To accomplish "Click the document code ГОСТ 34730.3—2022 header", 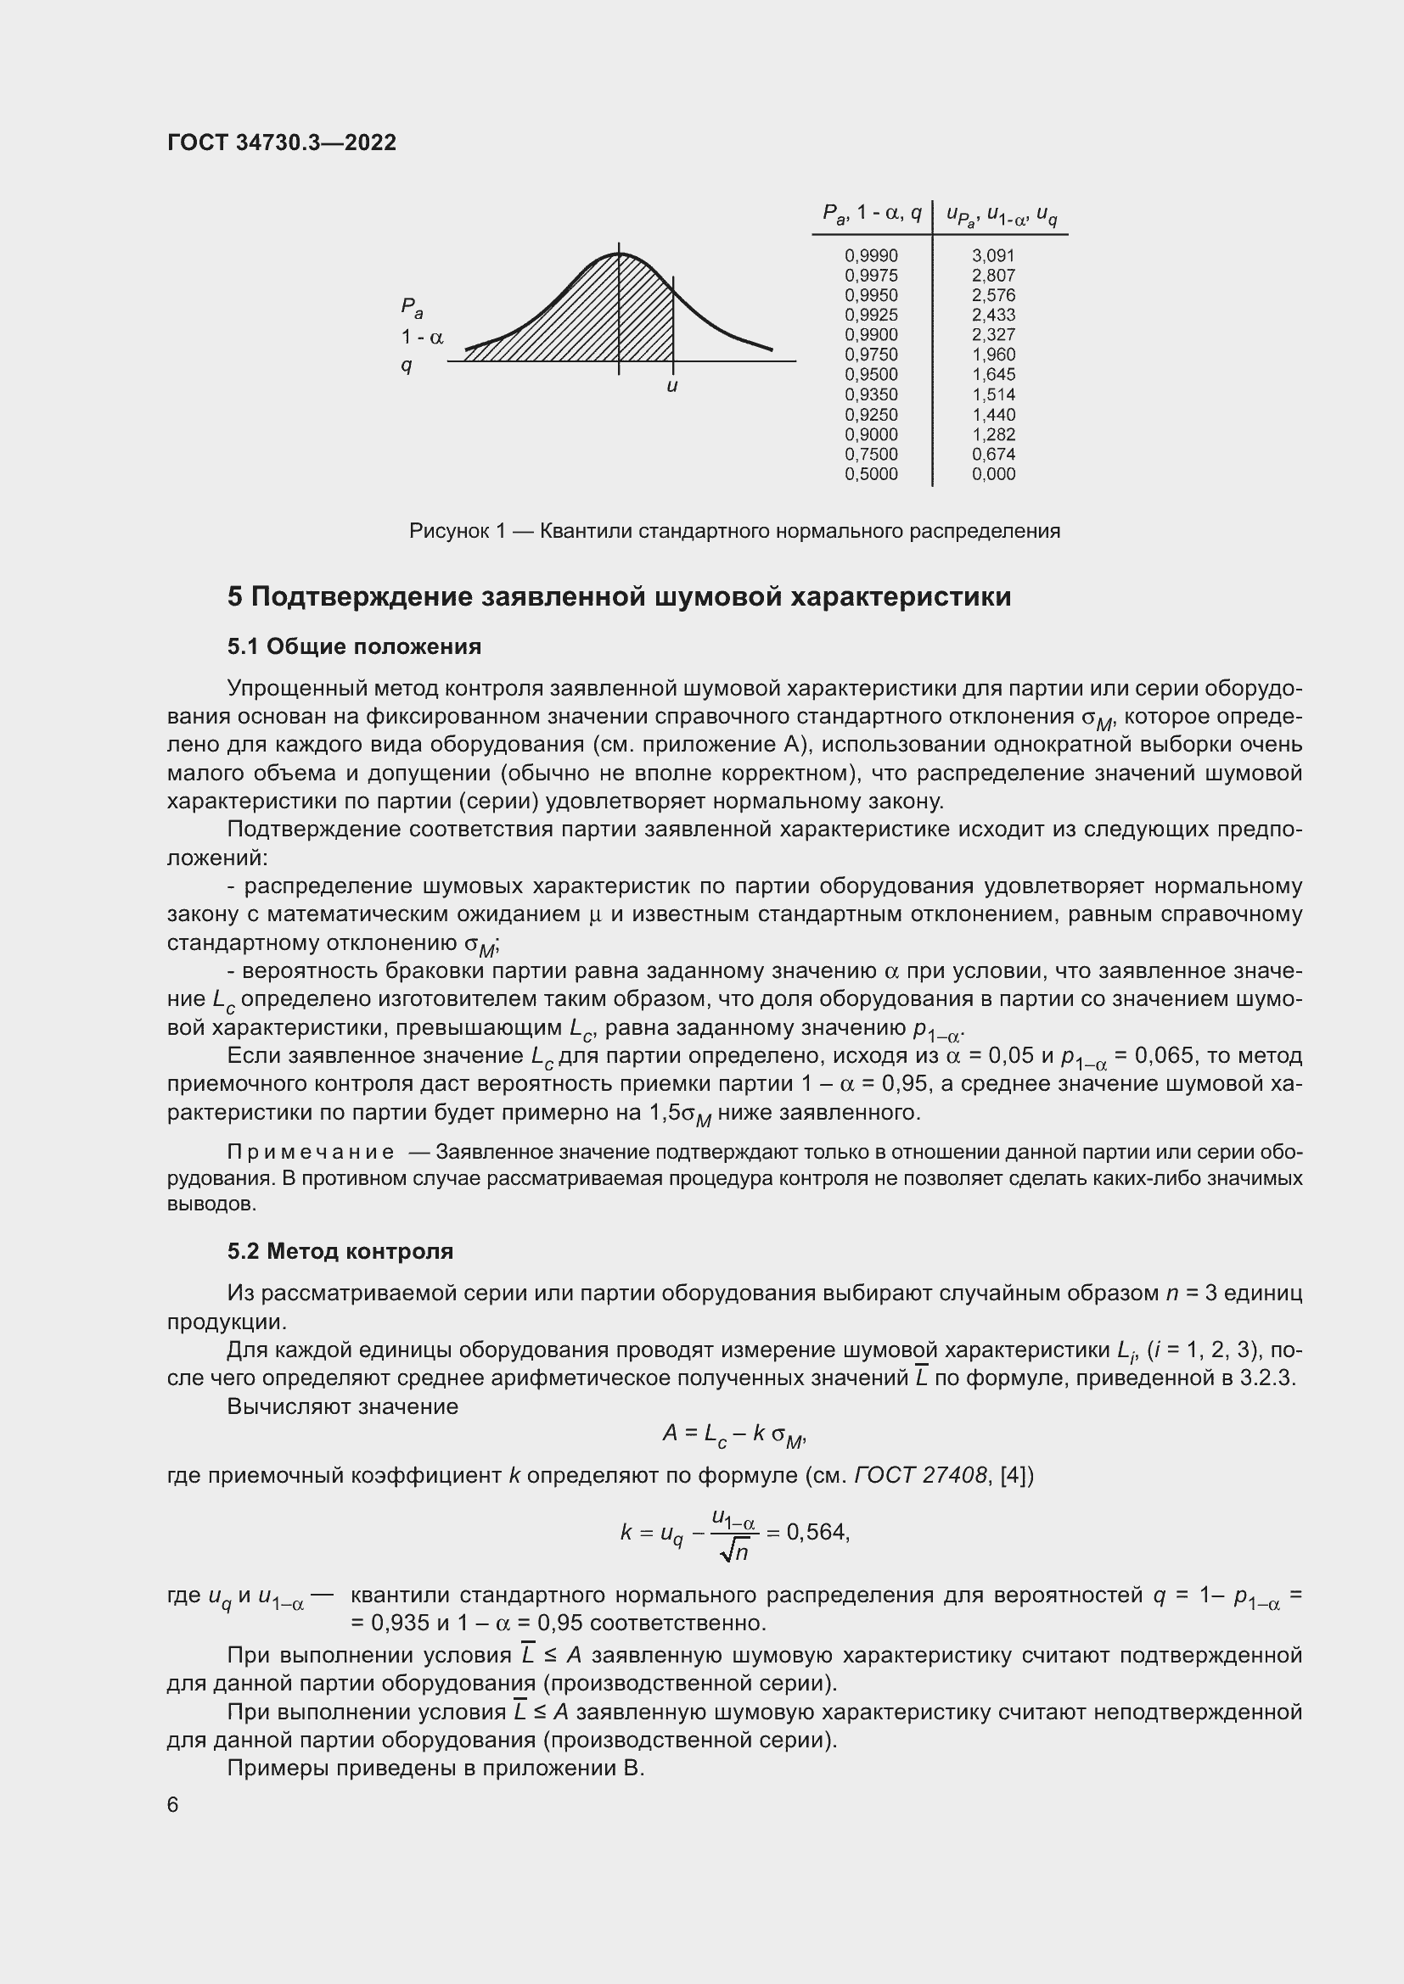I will (x=281, y=143).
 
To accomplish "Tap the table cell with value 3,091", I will (x=992, y=256).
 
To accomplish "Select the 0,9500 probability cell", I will (x=871, y=375).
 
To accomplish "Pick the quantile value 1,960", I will (x=992, y=355).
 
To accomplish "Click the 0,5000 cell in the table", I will (x=871, y=474).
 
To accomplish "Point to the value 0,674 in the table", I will (x=992, y=455).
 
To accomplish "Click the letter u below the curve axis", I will (x=671, y=386).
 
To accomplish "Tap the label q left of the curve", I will (x=407, y=366).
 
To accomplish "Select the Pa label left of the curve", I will (x=411, y=308).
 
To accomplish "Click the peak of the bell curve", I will (x=619, y=254).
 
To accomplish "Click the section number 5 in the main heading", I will (x=235, y=597).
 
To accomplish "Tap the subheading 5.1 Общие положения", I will (x=354, y=647).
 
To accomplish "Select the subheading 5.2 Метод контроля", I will (x=340, y=1251).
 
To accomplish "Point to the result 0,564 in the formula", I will (x=816, y=1532).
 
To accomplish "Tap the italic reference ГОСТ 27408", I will (x=920, y=1475).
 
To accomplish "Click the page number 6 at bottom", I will (x=173, y=1805).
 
